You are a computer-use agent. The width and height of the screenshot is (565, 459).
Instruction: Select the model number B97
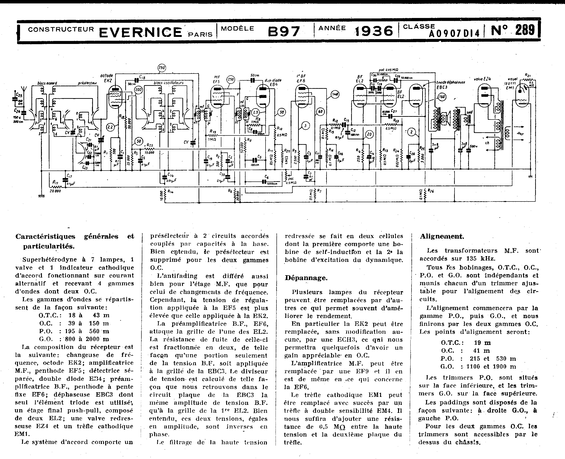pos(284,31)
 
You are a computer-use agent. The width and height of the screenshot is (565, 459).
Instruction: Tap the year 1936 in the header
pos(373,31)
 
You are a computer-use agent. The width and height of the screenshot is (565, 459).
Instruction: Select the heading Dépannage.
pos(306,278)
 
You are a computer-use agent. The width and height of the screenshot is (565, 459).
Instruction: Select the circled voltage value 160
pos(442,97)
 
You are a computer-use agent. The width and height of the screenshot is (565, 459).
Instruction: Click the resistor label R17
pos(55,182)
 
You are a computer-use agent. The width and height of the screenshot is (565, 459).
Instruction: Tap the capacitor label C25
pos(19,94)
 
